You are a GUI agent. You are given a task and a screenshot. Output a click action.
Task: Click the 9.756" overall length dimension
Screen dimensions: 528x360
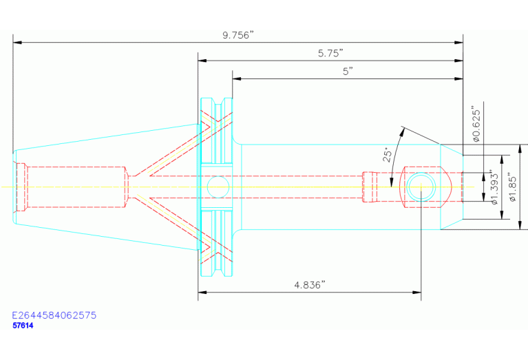pos(237,35)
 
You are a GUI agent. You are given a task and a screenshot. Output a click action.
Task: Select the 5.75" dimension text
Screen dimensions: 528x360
pos(330,53)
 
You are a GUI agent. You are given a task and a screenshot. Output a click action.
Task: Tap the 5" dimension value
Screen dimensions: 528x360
pos(348,72)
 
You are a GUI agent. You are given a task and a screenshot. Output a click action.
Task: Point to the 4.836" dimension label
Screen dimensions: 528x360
pos(310,285)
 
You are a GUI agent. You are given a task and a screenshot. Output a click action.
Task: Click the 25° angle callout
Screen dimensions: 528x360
pos(388,154)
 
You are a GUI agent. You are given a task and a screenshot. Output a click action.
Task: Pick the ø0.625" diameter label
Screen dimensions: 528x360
pos(476,125)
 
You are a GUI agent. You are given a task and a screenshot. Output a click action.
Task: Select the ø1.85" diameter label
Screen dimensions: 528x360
pos(512,188)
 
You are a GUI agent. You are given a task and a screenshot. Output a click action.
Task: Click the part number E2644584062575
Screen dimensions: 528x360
pos(54,315)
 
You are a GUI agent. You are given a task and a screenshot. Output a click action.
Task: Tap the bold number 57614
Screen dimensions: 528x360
pos(23,326)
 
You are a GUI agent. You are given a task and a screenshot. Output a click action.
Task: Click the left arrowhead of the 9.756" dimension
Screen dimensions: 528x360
pos(17,43)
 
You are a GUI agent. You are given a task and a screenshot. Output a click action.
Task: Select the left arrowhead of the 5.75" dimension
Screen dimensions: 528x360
pos(202,61)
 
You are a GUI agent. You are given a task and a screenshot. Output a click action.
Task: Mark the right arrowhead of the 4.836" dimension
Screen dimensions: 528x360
pos(417,292)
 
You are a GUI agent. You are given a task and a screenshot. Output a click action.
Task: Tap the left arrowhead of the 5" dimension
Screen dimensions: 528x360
pos(236,78)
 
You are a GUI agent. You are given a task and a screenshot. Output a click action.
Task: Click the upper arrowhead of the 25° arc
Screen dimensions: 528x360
pos(402,131)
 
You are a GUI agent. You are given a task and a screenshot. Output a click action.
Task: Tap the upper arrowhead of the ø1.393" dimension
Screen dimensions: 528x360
pos(502,160)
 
